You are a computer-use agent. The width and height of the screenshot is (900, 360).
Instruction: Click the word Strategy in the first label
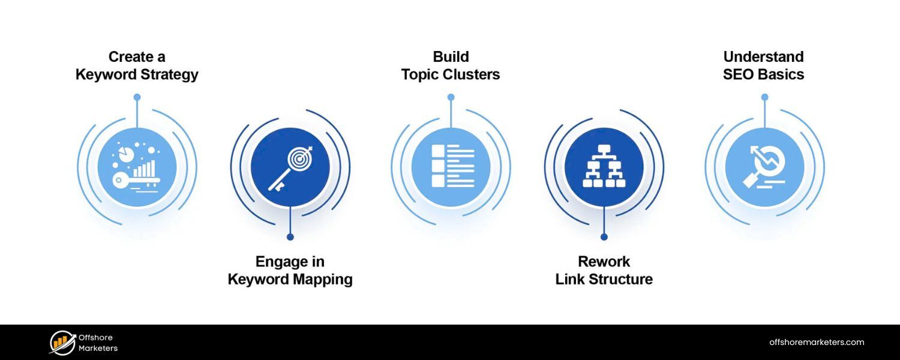click(x=169, y=75)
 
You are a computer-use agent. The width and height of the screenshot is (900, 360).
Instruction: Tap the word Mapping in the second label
click(x=323, y=280)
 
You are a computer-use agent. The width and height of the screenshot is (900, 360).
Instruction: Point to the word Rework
click(x=604, y=262)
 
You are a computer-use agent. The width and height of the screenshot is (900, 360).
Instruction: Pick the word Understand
click(x=763, y=57)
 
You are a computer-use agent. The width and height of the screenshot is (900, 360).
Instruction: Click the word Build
click(x=451, y=57)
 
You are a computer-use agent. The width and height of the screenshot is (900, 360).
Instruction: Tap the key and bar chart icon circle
click(x=137, y=167)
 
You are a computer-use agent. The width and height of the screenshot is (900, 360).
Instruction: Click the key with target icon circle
click(x=290, y=167)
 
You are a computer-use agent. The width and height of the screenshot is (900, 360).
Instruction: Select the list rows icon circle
click(x=451, y=167)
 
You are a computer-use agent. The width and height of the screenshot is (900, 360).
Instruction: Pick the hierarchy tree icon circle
click(x=604, y=167)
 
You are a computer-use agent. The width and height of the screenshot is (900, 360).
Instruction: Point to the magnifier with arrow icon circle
click(x=764, y=167)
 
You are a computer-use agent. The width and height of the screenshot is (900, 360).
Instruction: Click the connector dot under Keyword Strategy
click(x=137, y=97)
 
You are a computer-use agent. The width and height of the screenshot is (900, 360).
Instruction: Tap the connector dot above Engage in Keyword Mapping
click(x=290, y=237)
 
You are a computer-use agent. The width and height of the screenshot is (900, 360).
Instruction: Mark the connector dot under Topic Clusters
click(x=451, y=97)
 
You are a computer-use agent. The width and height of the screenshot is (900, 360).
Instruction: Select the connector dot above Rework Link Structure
click(x=604, y=237)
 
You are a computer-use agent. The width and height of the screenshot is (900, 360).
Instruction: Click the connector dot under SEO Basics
click(x=764, y=97)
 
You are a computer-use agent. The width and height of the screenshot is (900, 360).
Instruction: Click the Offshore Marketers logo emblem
click(x=62, y=343)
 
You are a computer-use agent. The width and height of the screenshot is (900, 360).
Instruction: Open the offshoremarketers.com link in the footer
click(x=817, y=343)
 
